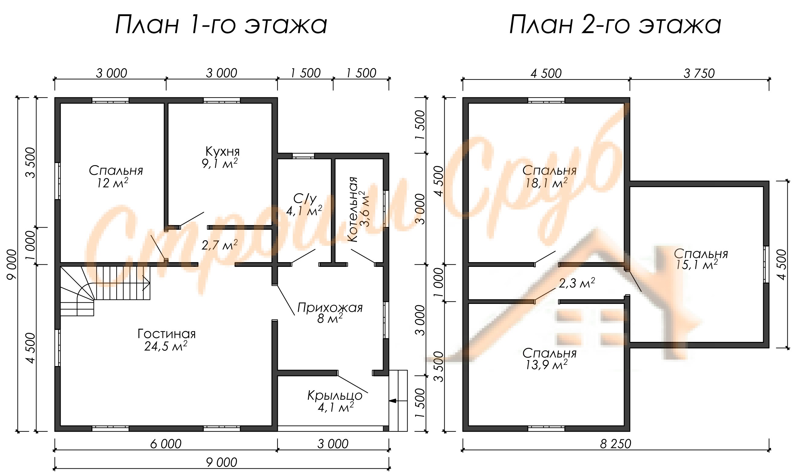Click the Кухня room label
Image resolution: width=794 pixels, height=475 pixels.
[222, 151]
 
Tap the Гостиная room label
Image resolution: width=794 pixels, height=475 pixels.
[167, 334]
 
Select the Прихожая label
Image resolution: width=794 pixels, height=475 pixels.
[330, 308]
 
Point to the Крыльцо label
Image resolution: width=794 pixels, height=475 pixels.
[335, 396]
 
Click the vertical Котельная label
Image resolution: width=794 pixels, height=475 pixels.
[352, 209]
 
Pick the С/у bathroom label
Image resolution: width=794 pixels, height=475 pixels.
[305, 199]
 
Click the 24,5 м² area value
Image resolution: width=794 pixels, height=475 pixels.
[166, 346]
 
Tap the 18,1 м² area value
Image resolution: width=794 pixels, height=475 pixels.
[546, 183]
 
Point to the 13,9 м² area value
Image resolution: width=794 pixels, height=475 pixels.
[546, 364]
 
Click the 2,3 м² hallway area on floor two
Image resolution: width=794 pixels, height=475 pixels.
[577, 283]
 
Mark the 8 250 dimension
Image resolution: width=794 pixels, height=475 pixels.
[616, 444]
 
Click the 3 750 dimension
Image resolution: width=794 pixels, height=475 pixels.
[699, 73]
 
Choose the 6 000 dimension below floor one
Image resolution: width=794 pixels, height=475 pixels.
[166, 444]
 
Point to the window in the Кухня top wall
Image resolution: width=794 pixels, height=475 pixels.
[222, 100]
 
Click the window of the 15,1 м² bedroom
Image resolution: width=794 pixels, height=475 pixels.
[766, 264]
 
